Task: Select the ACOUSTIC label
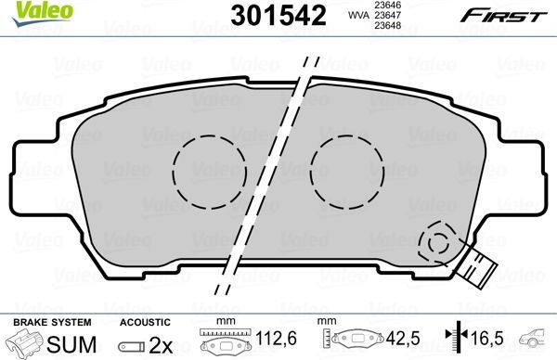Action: coord(142,321)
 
